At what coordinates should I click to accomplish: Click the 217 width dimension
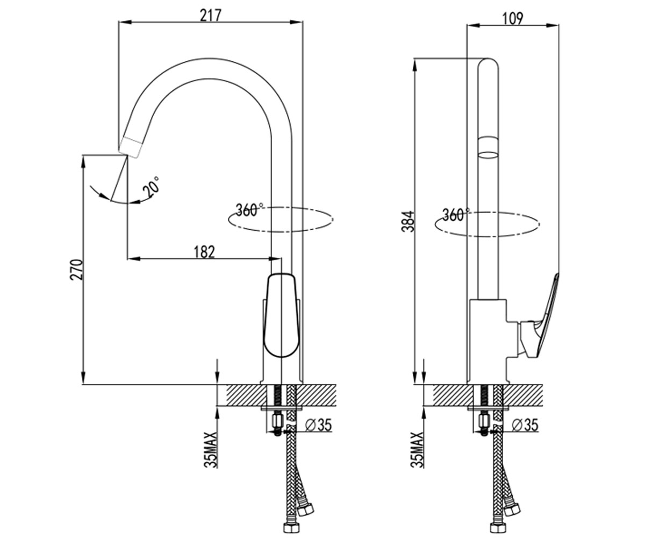[x=211, y=16]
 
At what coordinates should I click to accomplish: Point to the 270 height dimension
[x=77, y=270]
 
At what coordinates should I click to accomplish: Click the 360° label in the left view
[x=249, y=210]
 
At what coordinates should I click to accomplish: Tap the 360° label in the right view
[x=456, y=215]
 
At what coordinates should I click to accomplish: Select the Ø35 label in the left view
[x=318, y=426]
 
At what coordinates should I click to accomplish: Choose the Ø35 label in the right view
[x=525, y=425]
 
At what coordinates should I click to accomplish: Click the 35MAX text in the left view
[x=211, y=450]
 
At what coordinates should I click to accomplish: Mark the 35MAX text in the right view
[x=417, y=450]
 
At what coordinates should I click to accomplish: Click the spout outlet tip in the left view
[x=131, y=148]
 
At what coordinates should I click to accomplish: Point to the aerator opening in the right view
[x=489, y=155]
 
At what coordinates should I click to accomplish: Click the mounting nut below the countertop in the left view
[x=277, y=421]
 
